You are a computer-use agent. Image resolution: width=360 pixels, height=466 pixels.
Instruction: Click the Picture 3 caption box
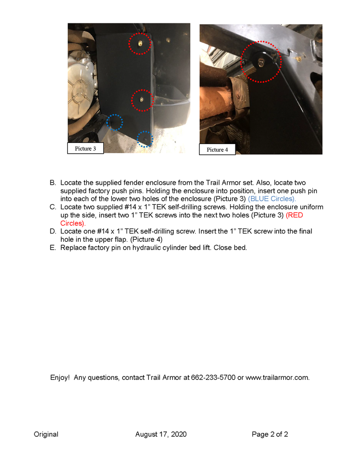(85, 148)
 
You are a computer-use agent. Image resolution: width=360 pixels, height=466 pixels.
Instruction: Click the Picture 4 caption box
(217, 149)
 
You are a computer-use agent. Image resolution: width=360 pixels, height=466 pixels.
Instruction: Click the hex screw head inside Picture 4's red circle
(261, 63)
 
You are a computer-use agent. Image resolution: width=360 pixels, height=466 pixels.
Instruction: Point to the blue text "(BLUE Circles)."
(272, 199)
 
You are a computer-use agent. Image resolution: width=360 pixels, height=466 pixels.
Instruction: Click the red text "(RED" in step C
(294, 215)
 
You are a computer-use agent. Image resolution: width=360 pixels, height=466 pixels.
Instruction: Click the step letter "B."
(53, 182)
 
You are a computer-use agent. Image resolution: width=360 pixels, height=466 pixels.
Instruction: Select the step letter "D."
(53, 231)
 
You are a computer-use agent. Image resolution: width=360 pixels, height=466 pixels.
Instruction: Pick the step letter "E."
(53, 248)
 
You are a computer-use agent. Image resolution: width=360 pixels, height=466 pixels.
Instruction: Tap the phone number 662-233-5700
(213, 377)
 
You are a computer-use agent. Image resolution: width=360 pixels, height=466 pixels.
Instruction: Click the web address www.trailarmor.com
(277, 378)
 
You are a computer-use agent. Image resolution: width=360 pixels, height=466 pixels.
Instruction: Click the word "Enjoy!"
(60, 378)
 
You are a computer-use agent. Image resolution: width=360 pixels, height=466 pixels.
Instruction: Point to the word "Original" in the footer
(46, 434)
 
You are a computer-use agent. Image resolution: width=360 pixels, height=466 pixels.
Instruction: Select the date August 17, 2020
(161, 434)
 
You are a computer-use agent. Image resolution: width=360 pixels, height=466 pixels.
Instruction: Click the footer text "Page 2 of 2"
(270, 434)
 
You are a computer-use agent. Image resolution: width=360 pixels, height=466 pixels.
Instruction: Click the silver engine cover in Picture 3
(80, 86)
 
